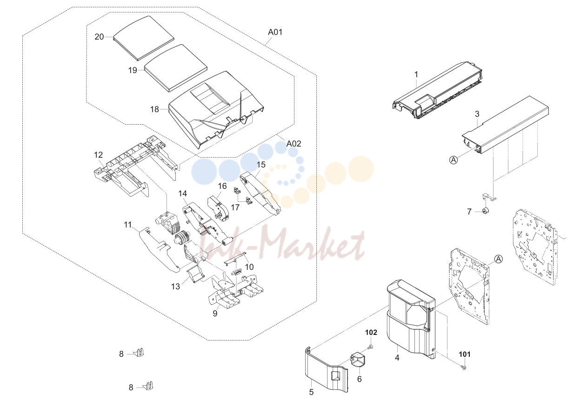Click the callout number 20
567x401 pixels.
(99, 37)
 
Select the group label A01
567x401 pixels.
(275, 32)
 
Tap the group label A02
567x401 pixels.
(294, 144)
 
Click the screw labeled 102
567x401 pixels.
(371, 347)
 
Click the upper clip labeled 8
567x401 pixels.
(140, 352)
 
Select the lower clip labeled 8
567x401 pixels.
(149, 386)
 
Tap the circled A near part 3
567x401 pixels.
(454, 160)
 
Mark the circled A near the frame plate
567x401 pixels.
(499, 259)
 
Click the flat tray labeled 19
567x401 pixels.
(176, 67)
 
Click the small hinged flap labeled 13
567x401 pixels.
(195, 274)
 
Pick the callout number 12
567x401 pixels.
(99, 155)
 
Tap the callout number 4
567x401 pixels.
(397, 358)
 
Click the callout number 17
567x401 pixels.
(235, 207)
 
